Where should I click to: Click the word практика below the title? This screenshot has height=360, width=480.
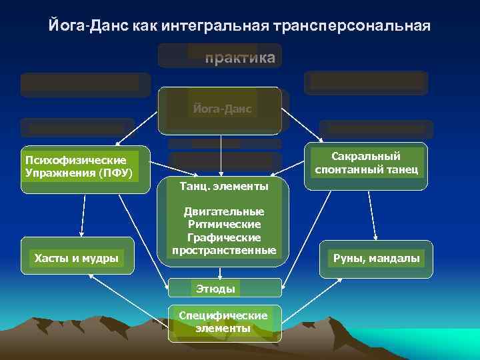pyautogui.click(x=239, y=58)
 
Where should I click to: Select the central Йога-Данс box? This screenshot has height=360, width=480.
pyautogui.click(x=219, y=109)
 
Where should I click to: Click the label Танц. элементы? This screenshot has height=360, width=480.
pyautogui.click(x=224, y=186)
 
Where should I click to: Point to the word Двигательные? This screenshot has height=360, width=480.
pyautogui.click(x=224, y=211)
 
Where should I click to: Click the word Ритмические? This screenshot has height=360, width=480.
pyautogui.click(x=224, y=224)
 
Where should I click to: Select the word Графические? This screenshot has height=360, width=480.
pyautogui.click(x=224, y=237)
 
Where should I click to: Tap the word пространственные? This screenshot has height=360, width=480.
pyautogui.click(x=224, y=250)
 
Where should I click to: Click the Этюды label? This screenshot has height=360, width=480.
pyautogui.click(x=214, y=289)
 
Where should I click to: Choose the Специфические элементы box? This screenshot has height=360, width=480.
pyautogui.click(x=224, y=322)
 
